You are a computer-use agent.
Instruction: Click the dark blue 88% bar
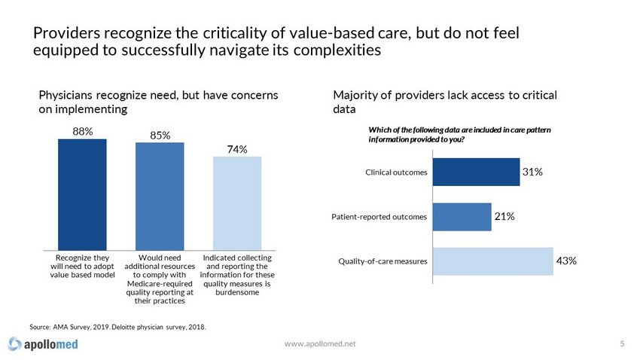tap(82, 194)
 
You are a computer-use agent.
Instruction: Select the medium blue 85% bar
tap(160, 196)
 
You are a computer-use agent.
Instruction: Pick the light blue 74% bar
tap(237, 203)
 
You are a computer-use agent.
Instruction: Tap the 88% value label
tap(83, 131)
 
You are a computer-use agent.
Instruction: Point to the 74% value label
tap(238, 149)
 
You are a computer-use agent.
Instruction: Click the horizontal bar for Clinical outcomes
tap(476, 172)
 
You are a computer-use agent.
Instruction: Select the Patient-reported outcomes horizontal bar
tap(462, 216)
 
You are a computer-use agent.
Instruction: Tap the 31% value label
tap(533, 172)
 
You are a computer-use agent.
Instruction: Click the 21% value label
tap(504, 216)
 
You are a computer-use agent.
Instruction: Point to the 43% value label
tap(566, 261)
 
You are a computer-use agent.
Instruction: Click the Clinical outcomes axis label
tap(397, 172)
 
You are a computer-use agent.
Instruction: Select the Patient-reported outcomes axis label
tap(379, 217)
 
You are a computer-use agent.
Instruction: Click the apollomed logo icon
tap(15, 344)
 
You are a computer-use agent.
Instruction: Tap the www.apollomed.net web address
tap(321, 343)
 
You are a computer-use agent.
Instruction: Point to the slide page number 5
tap(622, 343)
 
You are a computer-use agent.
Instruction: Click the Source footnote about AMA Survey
tap(117, 327)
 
